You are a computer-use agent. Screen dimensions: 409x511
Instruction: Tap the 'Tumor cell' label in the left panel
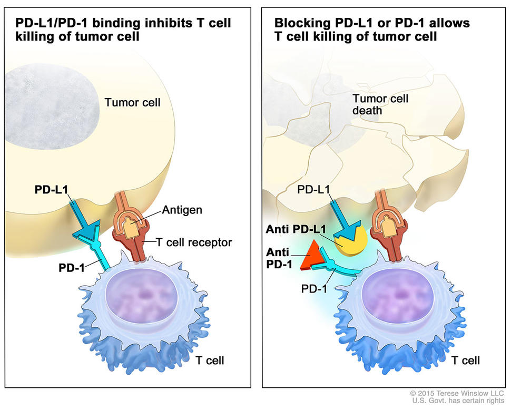click(x=132, y=102)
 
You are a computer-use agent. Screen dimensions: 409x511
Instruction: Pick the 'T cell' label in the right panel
click(x=466, y=361)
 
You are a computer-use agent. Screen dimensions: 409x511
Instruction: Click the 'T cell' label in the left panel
click(x=210, y=361)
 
